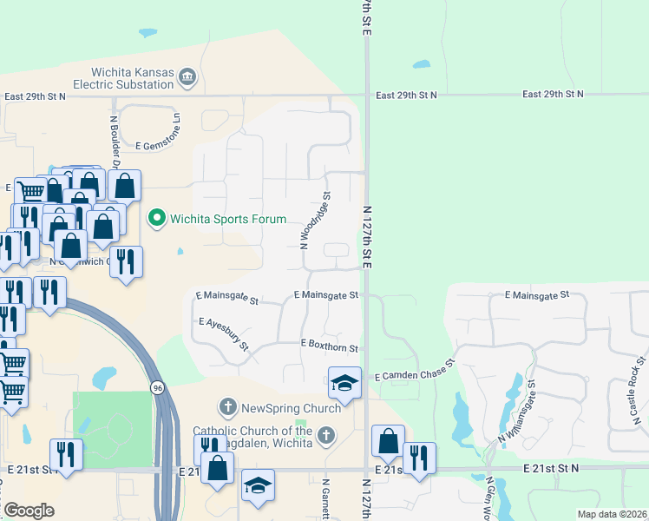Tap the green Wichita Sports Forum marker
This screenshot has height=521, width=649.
(157, 217)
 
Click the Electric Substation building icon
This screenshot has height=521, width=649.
(187, 79)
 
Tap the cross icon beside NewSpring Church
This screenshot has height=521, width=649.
(228, 406)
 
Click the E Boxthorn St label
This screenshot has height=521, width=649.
(329, 346)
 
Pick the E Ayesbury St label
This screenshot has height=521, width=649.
(224, 334)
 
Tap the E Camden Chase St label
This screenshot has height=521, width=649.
(415, 371)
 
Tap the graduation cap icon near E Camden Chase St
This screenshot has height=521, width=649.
(344, 383)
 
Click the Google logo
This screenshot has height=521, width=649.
(28, 511)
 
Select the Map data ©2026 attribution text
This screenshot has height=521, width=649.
(612, 514)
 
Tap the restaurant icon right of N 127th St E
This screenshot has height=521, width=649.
(419, 458)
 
